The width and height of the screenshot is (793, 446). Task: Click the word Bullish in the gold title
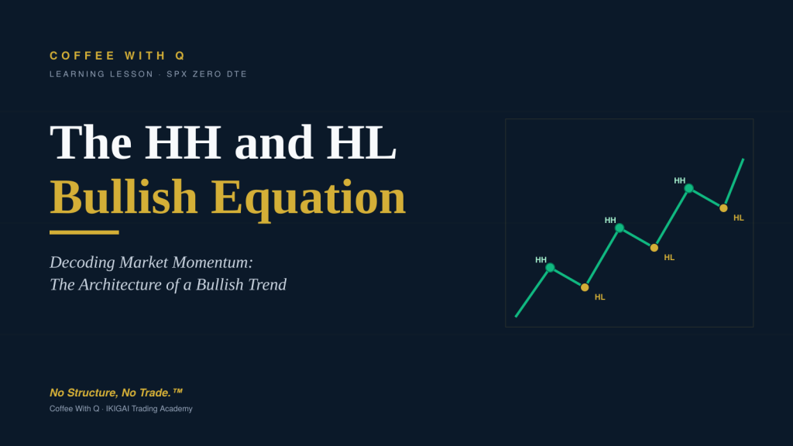(123, 197)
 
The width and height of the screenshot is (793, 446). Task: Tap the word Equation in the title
(308, 199)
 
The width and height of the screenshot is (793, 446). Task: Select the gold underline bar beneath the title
(84, 232)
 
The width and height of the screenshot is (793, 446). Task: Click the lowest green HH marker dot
(551, 267)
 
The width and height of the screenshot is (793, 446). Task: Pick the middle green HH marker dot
(620, 228)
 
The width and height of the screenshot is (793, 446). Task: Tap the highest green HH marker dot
(688, 189)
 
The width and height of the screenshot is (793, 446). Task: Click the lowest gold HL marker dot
(585, 287)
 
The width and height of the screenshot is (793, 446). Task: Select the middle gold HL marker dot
(654, 248)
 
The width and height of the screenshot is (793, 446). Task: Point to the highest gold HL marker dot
(724, 208)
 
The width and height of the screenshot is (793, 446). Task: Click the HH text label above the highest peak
(680, 180)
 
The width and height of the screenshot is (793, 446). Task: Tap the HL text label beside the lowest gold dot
(600, 297)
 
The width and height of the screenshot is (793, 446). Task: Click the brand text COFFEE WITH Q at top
(118, 56)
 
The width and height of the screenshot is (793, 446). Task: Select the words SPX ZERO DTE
(207, 74)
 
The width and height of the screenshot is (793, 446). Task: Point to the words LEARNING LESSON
(101, 74)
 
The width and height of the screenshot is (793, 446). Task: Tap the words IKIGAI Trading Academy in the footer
(149, 409)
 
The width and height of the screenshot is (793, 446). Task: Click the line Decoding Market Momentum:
(151, 262)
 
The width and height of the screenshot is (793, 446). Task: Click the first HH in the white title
(183, 142)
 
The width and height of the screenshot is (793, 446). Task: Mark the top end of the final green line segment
(743, 160)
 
